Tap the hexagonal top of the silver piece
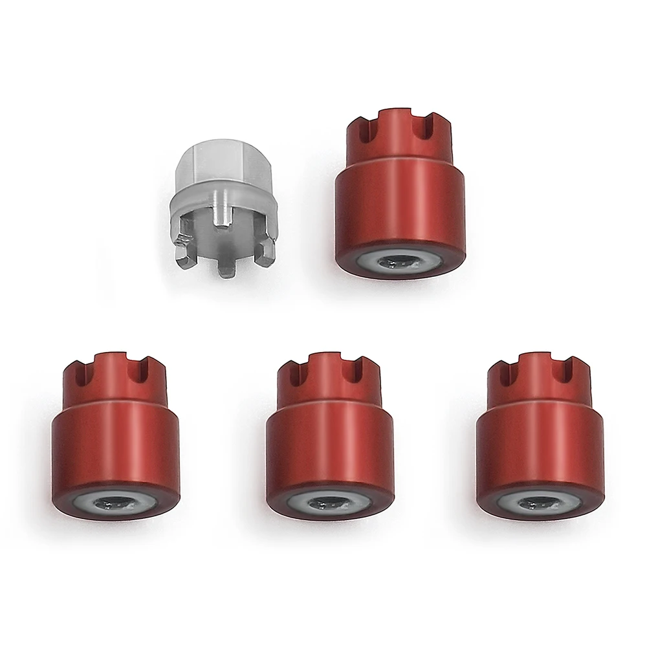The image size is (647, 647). pos(224,168)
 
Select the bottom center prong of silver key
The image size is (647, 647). pos(225,265)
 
